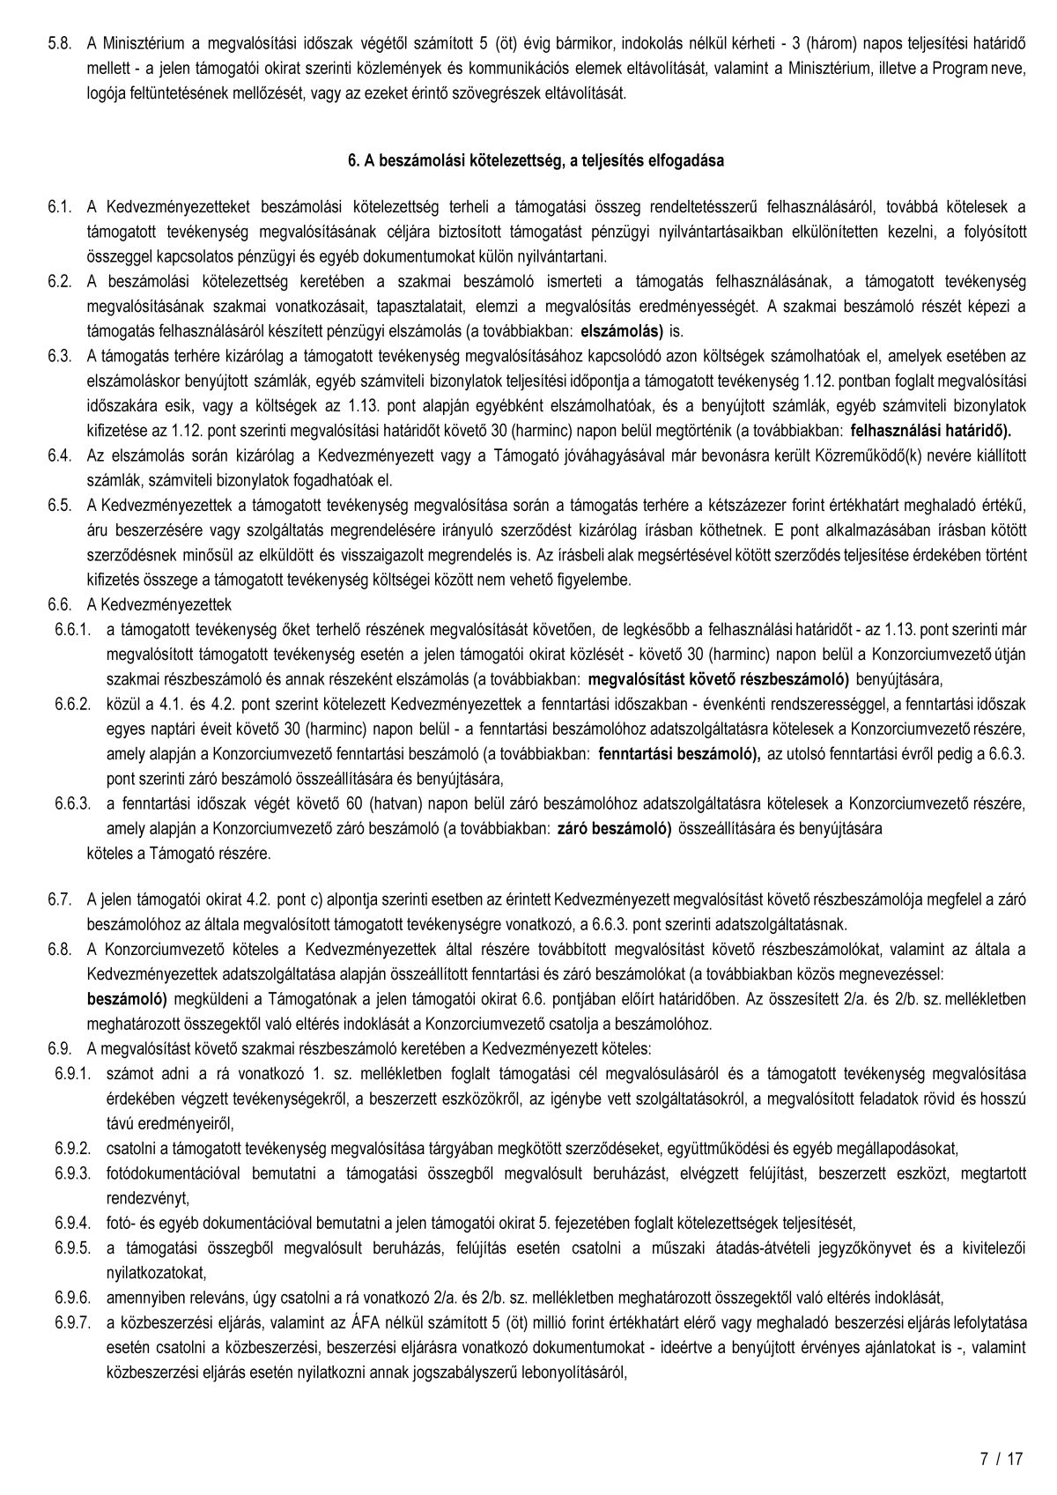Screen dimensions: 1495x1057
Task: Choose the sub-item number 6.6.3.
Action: tap(72, 803)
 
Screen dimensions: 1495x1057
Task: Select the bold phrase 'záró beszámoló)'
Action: tap(615, 829)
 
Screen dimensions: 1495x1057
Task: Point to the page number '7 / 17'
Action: tap(1002, 1458)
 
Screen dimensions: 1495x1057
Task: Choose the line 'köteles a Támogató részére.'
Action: tap(180, 854)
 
